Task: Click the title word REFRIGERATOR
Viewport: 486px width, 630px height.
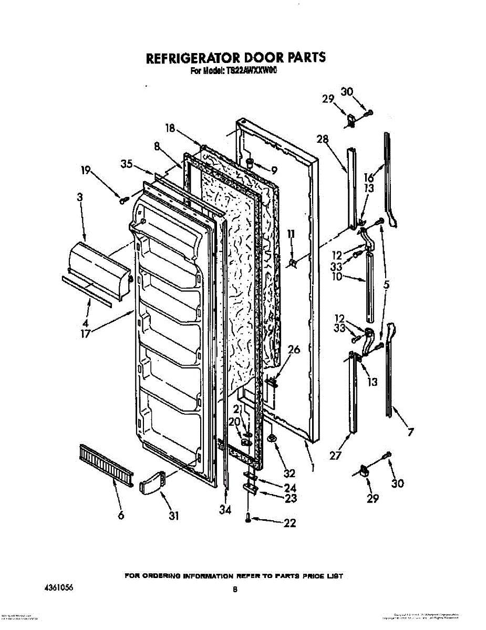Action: (x=190, y=57)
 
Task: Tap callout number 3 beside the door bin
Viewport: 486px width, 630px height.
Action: (x=79, y=197)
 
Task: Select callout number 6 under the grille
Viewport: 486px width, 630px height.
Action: (x=121, y=516)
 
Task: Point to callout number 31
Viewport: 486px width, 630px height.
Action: (x=173, y=516)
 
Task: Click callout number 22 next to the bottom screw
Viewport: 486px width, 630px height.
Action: (x=289, y=523)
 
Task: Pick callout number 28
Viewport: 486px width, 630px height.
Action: (x=322, y=139)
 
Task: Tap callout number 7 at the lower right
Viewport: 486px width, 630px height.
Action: (x=410, y=433)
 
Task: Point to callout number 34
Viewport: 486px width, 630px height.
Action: (x=225, y=509)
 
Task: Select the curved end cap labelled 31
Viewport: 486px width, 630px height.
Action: (x=152, y=482)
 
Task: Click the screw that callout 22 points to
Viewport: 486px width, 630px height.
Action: (x=248, y=519)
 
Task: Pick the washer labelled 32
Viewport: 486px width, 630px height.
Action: (x=272, y=438)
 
